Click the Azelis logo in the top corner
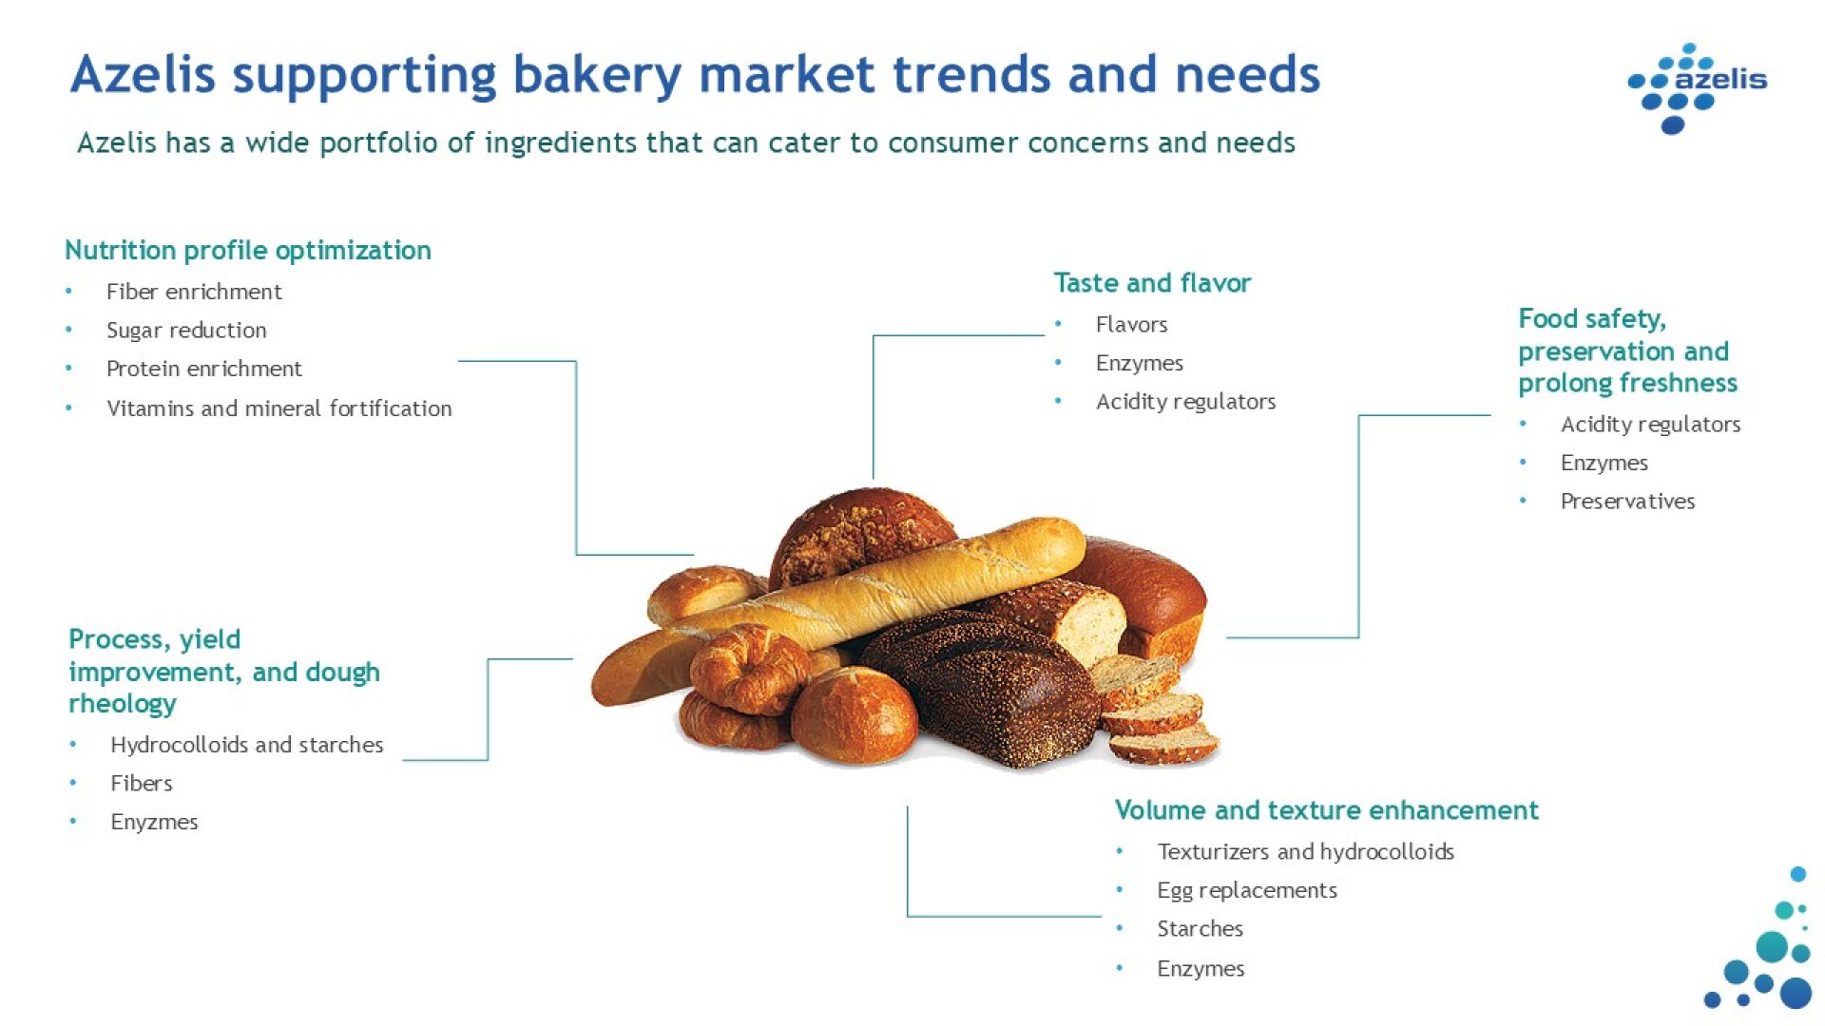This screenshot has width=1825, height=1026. (1697, 87)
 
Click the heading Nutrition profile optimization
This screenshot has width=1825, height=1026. (248, 250)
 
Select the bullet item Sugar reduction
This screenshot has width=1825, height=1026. (186, 330)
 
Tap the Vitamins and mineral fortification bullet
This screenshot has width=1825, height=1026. (279, 408)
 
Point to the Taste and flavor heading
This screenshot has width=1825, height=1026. (1152, 282)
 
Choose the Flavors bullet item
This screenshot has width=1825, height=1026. (1131, 324)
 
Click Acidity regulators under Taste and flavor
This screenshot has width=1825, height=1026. (1185, 401)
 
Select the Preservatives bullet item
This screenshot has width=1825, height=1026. (1627, 501)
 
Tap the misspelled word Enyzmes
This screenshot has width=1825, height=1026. (154, 822)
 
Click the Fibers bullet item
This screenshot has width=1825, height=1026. (142, 783)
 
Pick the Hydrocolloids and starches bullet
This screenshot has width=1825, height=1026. (246, 744)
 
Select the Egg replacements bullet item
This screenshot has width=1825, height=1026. (1246, 890)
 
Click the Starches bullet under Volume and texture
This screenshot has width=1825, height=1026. (1200, 928)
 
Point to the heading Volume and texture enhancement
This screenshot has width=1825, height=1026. (1326, 809)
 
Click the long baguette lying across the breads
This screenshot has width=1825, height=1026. (836, 608)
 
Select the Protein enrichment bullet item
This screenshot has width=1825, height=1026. (203, 369)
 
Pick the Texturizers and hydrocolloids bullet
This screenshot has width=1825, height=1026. (1305, 851)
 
